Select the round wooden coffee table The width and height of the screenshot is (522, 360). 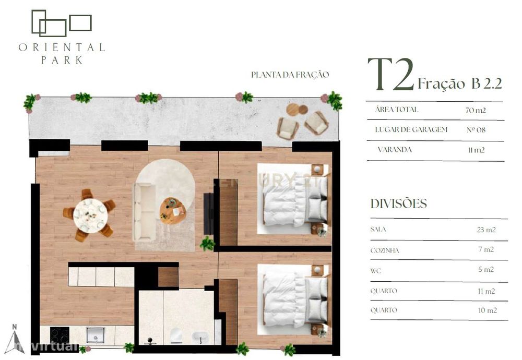172,210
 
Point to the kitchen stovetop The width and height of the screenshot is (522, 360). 60,335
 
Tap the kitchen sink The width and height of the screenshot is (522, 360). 96,334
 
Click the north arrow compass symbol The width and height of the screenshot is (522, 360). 15,339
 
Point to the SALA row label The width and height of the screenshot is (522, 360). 378,229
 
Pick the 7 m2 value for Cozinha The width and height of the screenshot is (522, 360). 486,249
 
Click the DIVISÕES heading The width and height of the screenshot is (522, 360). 398,203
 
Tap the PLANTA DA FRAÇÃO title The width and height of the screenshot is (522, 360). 290,75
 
